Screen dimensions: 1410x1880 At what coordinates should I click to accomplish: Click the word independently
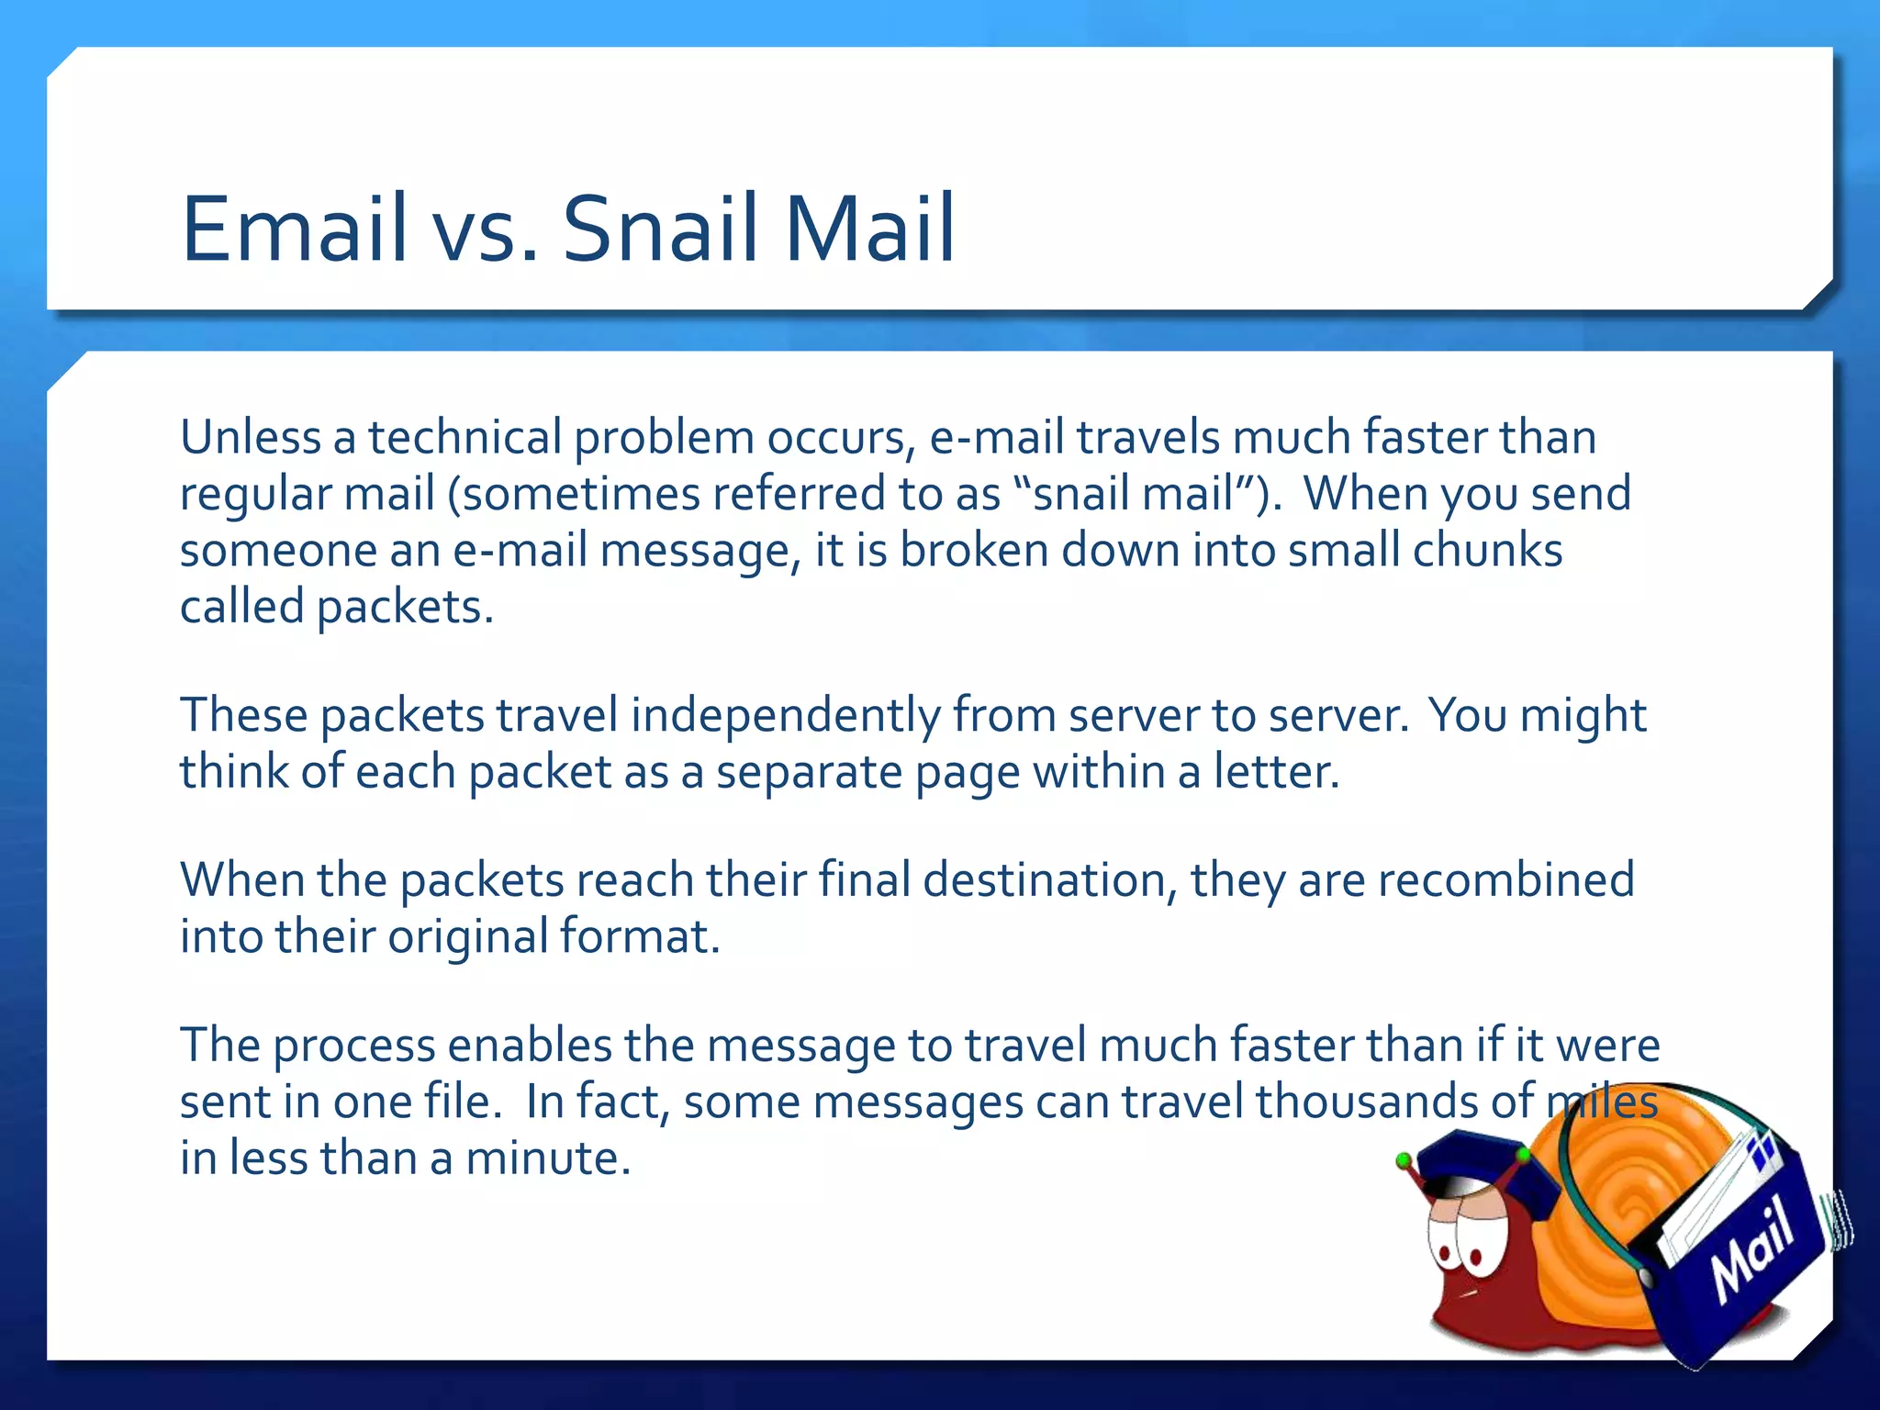point(785,716)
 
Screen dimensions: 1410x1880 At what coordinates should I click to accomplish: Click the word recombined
point(1505,880)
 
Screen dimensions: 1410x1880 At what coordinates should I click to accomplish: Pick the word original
point(467,937)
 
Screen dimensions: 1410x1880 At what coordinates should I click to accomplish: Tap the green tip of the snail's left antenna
point(1403,1161)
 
